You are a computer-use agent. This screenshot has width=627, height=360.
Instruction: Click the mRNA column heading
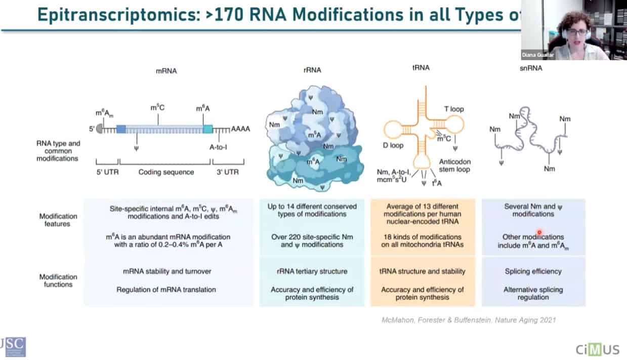pyautogui.click(x=166, y=71)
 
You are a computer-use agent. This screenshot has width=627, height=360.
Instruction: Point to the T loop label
pyautogui.click(x=453, y=109)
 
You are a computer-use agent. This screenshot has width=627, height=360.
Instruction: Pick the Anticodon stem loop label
pyautogui.click(x=454, y=165)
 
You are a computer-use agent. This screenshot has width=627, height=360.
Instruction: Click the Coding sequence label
pyautogui.click(x=166, y=172)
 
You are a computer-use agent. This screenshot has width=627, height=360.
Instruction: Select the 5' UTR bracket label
pyautogui.click(x=107, y=172)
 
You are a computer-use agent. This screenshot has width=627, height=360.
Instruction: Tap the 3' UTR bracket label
pyautogui.click(x=228, y=172)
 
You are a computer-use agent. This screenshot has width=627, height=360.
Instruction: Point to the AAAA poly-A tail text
pyautogui.click(x=240, y=129)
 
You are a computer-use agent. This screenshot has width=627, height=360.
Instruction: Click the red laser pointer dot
pyautogui.click(x=539, y=233)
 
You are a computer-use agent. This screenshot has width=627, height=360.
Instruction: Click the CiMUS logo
pyautogui.click(x=598, y=349)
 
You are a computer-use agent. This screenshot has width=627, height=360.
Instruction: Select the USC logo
pyautogui.click(x=13, y=347)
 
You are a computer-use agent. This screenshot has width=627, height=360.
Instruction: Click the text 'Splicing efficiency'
pyautogui.click(x=533, y=271)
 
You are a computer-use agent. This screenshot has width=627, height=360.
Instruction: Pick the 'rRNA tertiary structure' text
pyautogui.click(x=312, y=271)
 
